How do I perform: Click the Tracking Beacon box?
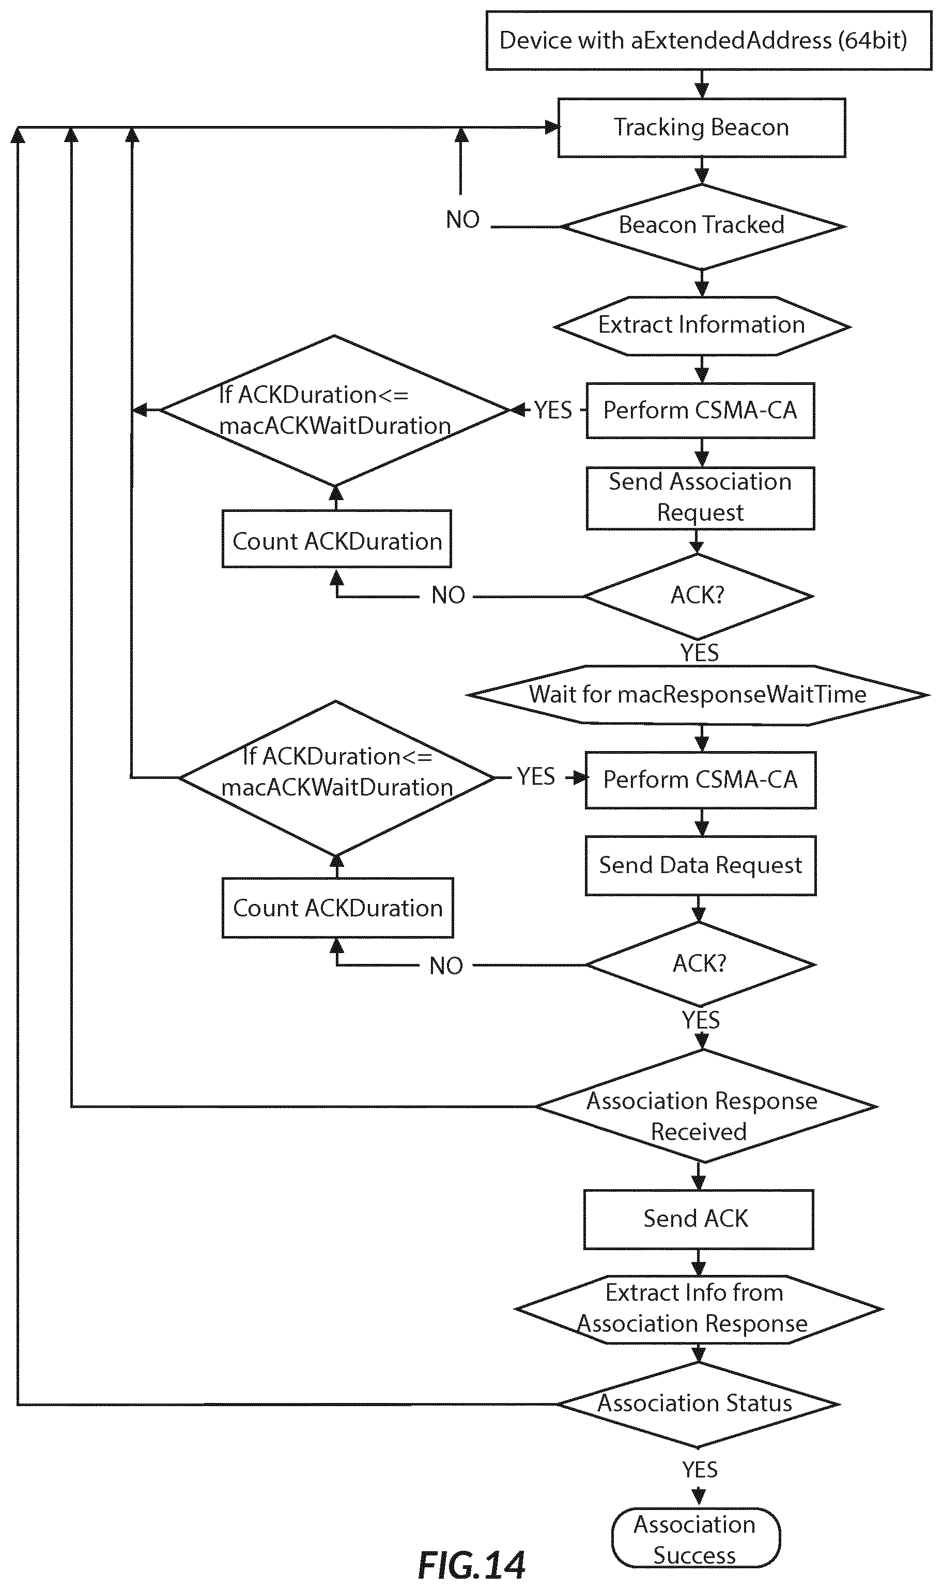point(702,128)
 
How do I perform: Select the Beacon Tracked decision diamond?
point(702,227)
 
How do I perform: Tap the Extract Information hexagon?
point(702,326)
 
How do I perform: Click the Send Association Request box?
point(700,498)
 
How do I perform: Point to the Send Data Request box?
point(701,866)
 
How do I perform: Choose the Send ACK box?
point(699,1219)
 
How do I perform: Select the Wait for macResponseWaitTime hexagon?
point(698,695)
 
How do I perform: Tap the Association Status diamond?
point(699,1404)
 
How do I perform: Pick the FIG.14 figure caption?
point(471,1565)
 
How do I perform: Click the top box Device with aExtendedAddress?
point(708,40)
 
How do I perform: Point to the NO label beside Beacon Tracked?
point(462,220)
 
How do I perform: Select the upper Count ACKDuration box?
point(337,539)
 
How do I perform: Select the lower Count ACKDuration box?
point(337,908)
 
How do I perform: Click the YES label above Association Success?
point(700,1470)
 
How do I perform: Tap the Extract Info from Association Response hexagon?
point(699,1310)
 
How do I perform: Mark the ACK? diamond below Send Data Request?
point(700,964)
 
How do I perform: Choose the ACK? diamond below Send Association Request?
point(698,596)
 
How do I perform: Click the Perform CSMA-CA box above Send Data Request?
point(700,780)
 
